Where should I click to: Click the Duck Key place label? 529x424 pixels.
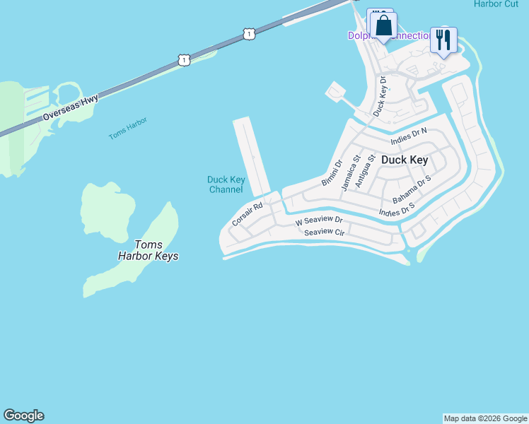[x=405, y=160]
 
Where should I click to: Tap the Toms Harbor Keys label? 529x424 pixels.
[x=148, y=249]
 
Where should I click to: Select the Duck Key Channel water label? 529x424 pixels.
[x=226, y=184]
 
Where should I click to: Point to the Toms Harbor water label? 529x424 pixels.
[x=128, y=128]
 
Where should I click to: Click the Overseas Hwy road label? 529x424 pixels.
[x=71, y=107]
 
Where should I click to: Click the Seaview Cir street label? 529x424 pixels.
[x=324, y=232]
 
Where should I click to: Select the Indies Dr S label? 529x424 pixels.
[x=396, y=210]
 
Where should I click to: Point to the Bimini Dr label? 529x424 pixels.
[x=332, y=172]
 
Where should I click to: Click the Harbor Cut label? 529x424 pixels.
[x=496, y=4]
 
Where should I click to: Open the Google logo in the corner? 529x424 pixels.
[x=23, y=416]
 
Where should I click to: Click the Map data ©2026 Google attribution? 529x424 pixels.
[x=485, y=418]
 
